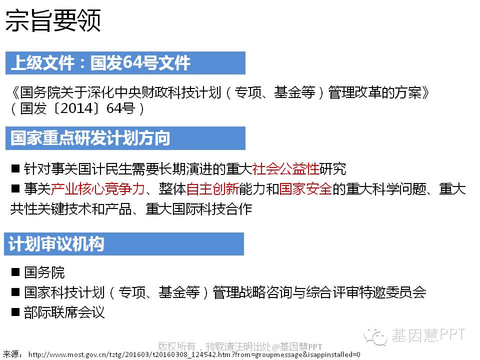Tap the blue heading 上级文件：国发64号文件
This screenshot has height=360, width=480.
[100, 63]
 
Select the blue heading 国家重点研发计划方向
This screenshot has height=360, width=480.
[90, 138]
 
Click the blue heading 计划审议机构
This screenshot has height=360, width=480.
[56, 244]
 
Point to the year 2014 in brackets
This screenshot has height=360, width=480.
[76, 108]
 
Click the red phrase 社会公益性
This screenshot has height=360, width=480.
[285, 168]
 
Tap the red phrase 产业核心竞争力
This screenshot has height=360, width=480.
[97, 188]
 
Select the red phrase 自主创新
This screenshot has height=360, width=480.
[213, 188]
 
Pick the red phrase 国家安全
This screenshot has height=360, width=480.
[305, 188]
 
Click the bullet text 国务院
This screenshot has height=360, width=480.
[44, 272]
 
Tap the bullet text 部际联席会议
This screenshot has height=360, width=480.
[64, 312]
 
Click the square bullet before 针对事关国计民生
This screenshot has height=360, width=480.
[15, 168]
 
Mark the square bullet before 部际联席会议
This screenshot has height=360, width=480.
[15, 312]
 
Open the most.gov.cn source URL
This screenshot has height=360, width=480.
[194, 355]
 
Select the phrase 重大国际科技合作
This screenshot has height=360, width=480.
[199, 209]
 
